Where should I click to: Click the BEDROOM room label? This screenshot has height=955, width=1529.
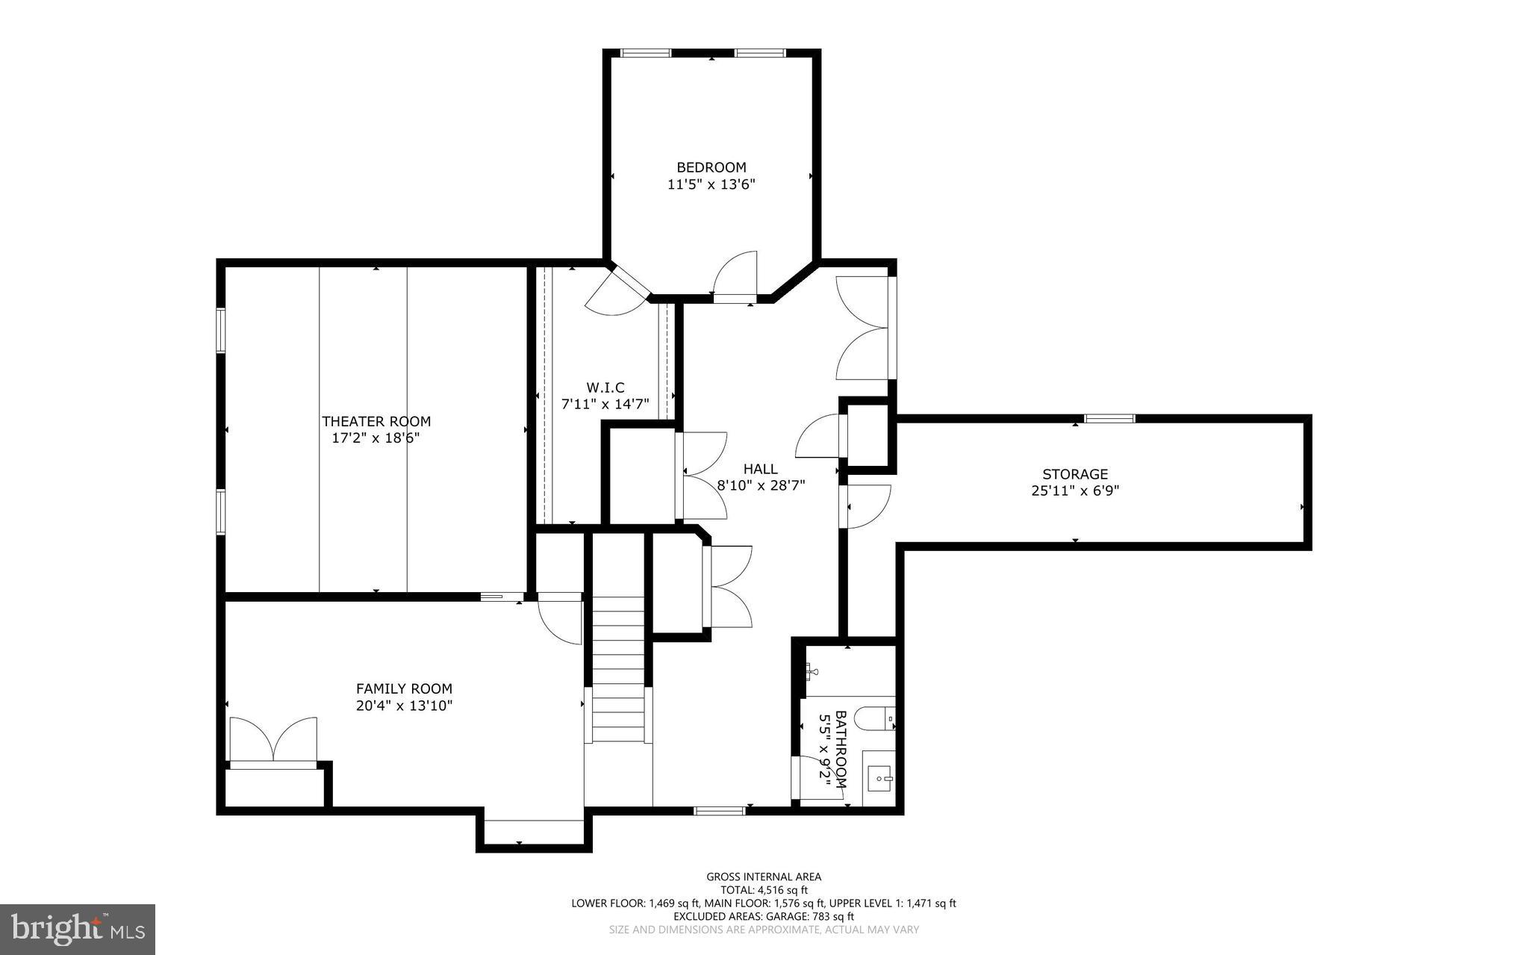pos(711,167)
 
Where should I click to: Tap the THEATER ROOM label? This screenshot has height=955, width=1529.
pos(376,421)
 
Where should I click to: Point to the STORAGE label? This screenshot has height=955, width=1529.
pos(1074,474)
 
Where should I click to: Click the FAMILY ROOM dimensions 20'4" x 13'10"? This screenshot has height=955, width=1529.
pos(404,706)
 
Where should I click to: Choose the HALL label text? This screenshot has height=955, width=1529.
pos(760,469)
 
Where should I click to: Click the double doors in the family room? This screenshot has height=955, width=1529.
pos(273,739)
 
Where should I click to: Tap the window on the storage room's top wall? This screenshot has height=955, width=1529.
pos(1109,418)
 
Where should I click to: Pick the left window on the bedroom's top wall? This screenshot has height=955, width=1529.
pos(647,53)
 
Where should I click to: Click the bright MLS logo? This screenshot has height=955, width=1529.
pos(77,929)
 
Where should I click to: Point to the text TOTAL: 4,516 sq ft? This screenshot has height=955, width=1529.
pos(764,890)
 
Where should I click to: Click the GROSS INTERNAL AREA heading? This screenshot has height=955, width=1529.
pos(764,877)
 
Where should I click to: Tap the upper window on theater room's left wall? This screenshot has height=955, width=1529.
pos(221,329)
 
